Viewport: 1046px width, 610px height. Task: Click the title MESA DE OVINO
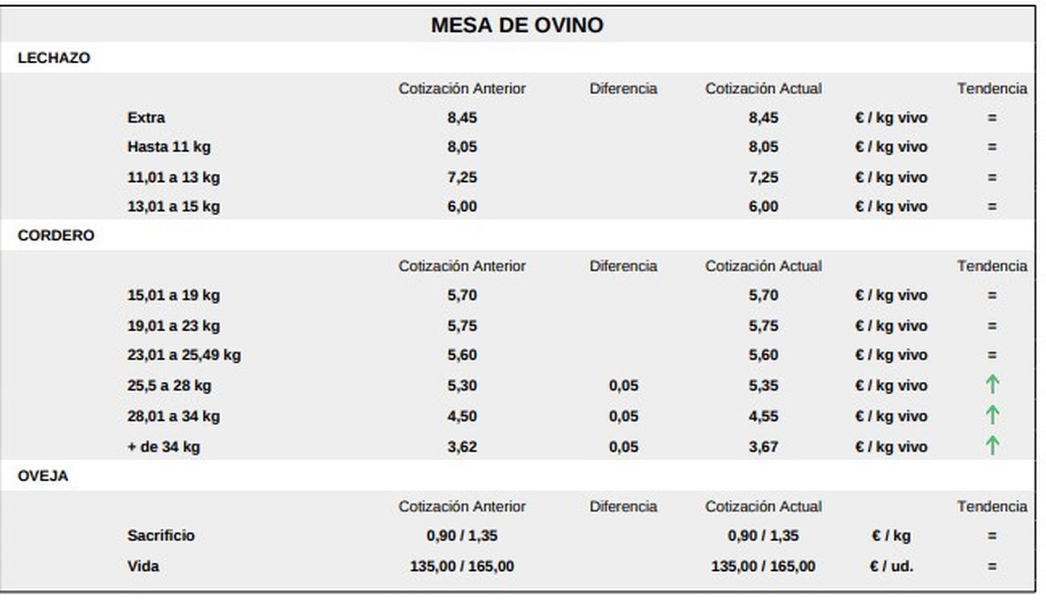[516, 25]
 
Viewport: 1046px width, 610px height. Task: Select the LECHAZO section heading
[54, 58]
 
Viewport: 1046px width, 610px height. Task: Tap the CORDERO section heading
[56, 235]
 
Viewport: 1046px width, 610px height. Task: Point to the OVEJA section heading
[42, 475]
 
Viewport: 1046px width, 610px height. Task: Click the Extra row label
[146, 118]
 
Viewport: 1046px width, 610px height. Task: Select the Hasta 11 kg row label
[169, 146]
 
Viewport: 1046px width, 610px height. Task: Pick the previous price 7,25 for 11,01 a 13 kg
[462, 177]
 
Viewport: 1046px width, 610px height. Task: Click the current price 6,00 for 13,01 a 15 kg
[763, 207]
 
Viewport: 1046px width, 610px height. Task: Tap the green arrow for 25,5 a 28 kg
[992, 384]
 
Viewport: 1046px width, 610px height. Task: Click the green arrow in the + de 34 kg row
[992, 445]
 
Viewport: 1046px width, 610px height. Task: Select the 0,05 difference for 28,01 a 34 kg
[623, 416]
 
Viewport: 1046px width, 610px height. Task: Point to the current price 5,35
[763, 385]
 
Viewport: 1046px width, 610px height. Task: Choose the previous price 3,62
[462, 447]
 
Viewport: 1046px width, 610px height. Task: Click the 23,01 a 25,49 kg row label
[184, 355]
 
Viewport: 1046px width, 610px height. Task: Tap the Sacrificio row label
[161, 535]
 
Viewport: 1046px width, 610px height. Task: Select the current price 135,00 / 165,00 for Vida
[763, 566]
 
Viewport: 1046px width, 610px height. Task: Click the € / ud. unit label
[891, 566]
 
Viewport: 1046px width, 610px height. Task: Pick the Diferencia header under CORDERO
[623, 266]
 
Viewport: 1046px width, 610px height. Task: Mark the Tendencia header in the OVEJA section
[992, 506]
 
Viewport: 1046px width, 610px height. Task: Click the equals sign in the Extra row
[992, 118]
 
